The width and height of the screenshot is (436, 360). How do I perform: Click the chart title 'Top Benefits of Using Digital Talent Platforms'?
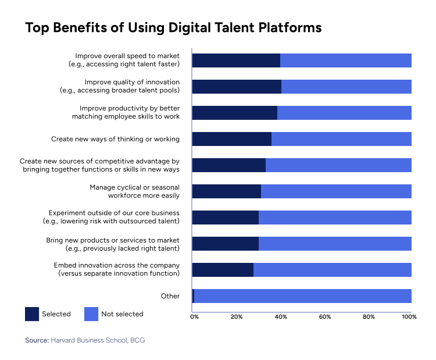(173, 28)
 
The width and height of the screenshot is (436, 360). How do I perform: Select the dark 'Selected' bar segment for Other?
(193, 296)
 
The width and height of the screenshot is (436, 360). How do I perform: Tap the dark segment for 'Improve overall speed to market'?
(235, 60)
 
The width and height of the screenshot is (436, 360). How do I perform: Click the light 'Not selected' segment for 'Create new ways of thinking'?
(341, 139)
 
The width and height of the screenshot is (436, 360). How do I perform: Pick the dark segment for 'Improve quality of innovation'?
(236, 87)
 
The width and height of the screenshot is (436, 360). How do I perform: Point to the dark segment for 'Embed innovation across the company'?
(222, 270)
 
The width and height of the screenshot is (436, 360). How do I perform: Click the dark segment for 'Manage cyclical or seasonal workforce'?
(226, 191)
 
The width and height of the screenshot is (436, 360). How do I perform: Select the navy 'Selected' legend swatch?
(32, 314)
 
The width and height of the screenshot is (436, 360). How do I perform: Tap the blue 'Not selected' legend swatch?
(91, 314)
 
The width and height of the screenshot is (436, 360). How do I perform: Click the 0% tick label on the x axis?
(195, 317)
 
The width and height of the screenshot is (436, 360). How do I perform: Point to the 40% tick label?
(281, 317)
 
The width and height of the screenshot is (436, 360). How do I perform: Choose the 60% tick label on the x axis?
(325, 317)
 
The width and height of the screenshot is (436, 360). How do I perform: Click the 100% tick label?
(410, 317)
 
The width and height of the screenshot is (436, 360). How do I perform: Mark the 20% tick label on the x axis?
(237, 317)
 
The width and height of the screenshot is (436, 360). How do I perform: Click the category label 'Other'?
(170, 296)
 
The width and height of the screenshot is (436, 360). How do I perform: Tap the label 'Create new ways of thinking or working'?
(115, 139)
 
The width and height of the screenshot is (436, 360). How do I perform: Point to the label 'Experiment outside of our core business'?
(114, 213)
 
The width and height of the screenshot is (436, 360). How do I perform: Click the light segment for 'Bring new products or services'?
(335, 244)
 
